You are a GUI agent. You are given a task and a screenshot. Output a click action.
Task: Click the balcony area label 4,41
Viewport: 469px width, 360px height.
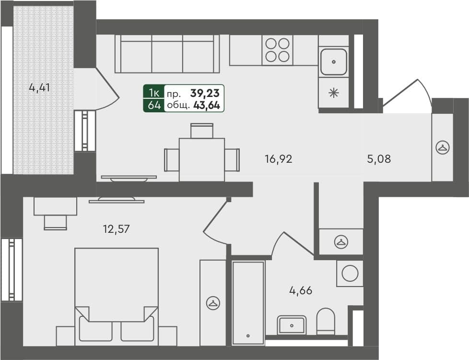pyautogui.click(x=40, y=87)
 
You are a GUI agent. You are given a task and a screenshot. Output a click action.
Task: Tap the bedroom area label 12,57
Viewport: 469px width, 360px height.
pyautogui.click(x=116, y=229)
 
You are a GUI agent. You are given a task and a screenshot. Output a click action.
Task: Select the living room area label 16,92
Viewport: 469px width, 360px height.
pyautogui.click(x=278, y=159)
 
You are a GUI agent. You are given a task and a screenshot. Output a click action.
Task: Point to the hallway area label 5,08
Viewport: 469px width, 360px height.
pyautogui.click(x=379, y=159)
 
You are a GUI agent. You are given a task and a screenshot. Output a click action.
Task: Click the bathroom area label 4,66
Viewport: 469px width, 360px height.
pyautogui.click(x=301, y=290)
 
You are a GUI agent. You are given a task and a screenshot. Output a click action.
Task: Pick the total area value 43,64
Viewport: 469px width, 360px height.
pyautogui.click(x=207, y=106)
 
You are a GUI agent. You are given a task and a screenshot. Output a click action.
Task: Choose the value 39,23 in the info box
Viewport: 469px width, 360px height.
pyautogui.click(x=207, y=93)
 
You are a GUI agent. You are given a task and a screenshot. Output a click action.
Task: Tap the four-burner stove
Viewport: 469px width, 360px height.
pyautogui.click(x=277, y=50)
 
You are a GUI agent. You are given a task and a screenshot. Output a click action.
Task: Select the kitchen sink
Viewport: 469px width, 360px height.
pyautogui.click(x=333, y=61)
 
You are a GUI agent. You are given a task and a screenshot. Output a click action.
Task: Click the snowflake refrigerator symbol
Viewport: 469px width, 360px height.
pyautogui.click(x=333, y=93)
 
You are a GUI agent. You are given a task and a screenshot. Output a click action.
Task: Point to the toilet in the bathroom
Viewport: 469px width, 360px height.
pyautogui.click(x=326, y=322)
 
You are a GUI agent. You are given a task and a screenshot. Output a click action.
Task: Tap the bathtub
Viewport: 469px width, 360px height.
pyautogui.click(x=248, y=302)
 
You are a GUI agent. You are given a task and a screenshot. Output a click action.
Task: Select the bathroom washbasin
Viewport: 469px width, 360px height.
pyautogui.click(x=292, y=325)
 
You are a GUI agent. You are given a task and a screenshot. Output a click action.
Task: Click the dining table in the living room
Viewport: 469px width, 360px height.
pyautogui.click(x=201, y=159)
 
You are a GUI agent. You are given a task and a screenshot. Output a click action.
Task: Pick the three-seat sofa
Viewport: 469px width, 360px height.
pyautogui.click(x=167, y=54)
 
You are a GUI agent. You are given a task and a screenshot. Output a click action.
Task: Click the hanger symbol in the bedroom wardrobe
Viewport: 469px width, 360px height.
pyautogui.click(x=212, y=302)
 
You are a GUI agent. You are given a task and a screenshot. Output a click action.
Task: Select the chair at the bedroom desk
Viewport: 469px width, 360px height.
pyautogui.click(x=55, y=222)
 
